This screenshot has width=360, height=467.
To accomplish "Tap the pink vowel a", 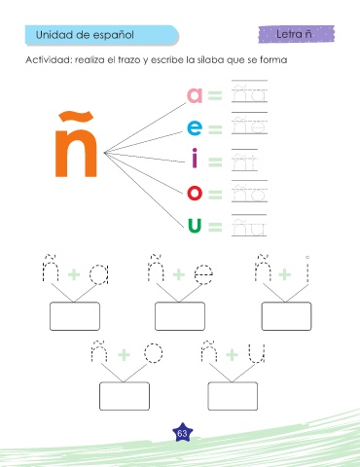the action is pyautogui.click(x=195, y=95).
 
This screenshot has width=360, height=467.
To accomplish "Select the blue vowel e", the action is pyautogui.click(x=195, y=127).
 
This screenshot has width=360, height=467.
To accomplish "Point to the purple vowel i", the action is pyautogui.click(x=195, y=158).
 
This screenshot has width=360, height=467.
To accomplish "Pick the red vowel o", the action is pyautogui.click(x=195, y=193).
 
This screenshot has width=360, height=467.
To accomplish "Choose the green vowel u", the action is pyautogui.click(x=195, y=226).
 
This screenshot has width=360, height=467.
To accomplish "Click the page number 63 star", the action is pyautogui.click(x=182, y=433).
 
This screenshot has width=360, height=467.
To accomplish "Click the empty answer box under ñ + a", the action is pyautogui.click(x=75, y=316).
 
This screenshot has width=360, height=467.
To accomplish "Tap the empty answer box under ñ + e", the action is pyautogui.click(x=180, y=316).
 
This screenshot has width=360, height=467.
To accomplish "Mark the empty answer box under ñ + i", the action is pyautogui.click(x=286, y=316).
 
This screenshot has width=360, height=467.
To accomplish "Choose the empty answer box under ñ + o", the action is pyautogui.click(x=125, y=396).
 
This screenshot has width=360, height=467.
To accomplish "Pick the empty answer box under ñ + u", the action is pyautogui.click(x=233, y=396).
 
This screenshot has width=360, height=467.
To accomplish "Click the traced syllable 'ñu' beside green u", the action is pyautogui.click(x=249, y=227).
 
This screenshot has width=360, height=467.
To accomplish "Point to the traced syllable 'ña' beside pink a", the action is pyautogui.click(x=249, y=92).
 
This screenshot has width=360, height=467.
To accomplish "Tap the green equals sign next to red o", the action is pyautogui.click(x=215, y=195).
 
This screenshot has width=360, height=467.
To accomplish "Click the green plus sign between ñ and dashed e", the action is pyautogui.click(x=179, y=274).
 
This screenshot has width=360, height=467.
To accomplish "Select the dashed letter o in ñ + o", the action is pyautogui.click(x=153, y=353).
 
